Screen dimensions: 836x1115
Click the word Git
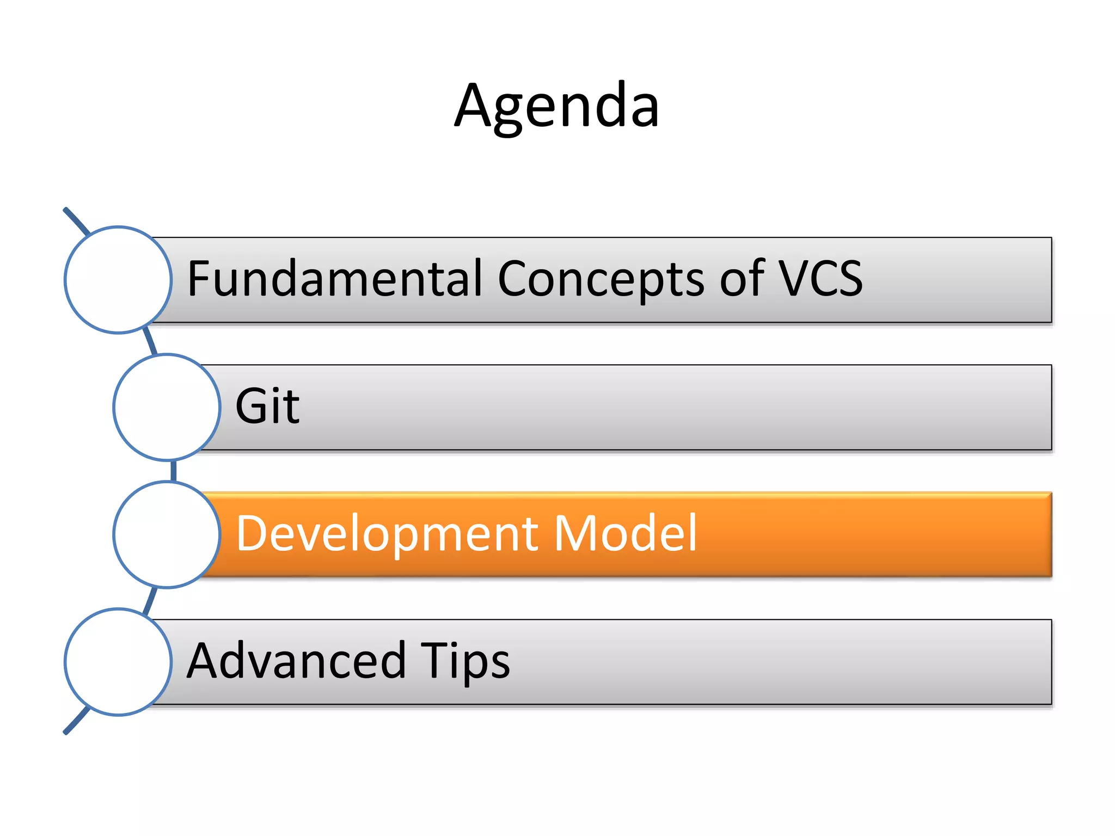267,406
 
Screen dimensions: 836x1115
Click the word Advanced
296,661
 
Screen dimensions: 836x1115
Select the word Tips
465,661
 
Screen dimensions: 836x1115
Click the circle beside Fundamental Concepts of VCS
118,280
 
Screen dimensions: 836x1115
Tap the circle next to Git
167,407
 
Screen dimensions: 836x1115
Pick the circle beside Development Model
167,534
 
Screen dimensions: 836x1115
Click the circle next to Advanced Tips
118,662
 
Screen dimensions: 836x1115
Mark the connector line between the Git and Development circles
174,471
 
